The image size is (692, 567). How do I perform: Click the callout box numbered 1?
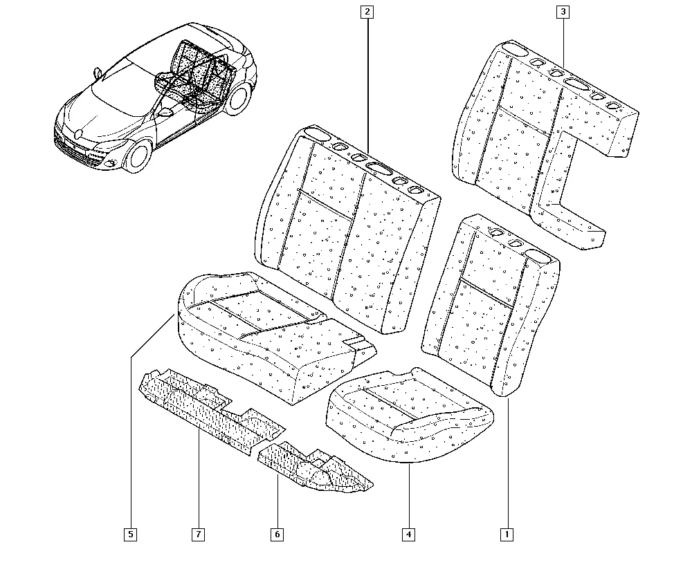[507, 535]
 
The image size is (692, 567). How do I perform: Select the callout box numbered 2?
[367, 12]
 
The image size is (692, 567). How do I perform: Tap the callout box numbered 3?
[563, 12]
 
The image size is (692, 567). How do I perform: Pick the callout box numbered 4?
[409, 535]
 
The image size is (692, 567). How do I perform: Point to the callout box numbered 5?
[130, 535]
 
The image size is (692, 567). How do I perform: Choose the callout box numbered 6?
[277, 535]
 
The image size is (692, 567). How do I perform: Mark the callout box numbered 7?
[199, 535]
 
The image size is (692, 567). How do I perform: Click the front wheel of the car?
[138, 156]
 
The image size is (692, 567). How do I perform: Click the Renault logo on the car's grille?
[78, 133]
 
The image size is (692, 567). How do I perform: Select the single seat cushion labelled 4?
[409, 416]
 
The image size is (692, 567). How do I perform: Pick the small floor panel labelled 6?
[314, 467]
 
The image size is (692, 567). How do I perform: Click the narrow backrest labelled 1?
[491, 305]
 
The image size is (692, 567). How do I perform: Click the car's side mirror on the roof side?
[97, 71]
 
